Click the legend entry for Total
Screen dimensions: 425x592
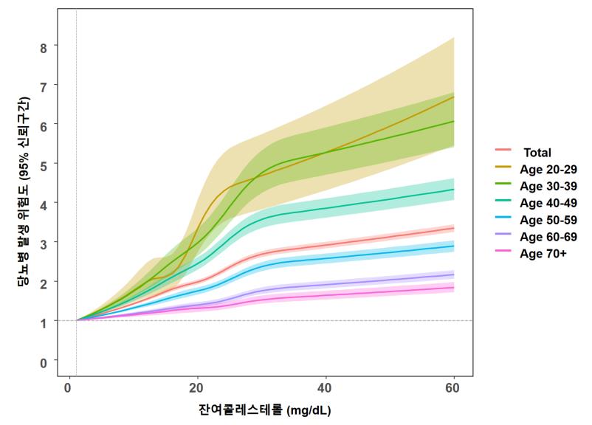tap(537, 153)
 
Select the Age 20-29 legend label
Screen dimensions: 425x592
tap(548, 170)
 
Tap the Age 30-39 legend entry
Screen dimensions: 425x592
tap(548, 186)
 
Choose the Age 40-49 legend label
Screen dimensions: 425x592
tap(548, 203)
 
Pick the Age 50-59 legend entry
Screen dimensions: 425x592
tap(548, 220)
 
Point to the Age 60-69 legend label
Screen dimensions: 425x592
tap(548, 237)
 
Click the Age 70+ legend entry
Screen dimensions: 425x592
tap(543, 253)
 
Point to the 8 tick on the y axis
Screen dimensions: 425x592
tap(44, 46)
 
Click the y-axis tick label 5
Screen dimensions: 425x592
tap(44, 164)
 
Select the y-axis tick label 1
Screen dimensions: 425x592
tap(44, 322)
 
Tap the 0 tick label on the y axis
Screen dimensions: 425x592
tap(44, 362)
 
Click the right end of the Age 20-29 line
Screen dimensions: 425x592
tap(453, 97)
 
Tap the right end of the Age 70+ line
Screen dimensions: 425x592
tap(453, 287)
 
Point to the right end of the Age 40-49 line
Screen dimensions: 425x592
tap(453, 190)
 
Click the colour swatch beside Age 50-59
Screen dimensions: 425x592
tap(503, 220)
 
